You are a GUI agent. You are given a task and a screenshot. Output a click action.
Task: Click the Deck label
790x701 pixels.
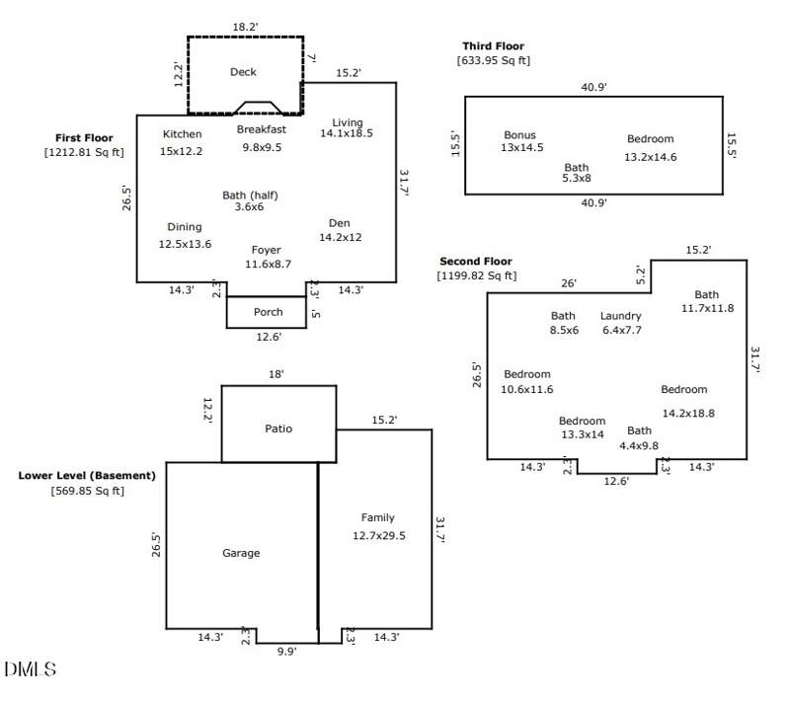tap(243, 72)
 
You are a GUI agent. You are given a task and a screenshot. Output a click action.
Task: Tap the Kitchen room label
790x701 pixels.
tap(182, 134)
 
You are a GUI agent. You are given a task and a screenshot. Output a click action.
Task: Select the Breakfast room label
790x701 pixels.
tap(262, 129)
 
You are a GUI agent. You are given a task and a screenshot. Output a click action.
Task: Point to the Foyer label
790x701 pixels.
tap(266, 250)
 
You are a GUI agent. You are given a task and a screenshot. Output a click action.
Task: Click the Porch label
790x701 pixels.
tap(268, 312)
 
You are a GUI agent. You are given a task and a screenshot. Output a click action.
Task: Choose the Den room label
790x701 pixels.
tap(341, 223)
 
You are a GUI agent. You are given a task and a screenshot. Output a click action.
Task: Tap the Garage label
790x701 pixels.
tap(241, 554)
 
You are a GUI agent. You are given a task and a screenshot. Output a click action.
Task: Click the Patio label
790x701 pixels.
tap(278, 428)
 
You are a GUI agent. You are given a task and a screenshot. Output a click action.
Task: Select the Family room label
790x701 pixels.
tap(377, 517)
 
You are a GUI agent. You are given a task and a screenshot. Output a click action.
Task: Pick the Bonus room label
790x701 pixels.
tap(519, 135)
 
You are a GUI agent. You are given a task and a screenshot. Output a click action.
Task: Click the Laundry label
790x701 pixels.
tap(620, 316)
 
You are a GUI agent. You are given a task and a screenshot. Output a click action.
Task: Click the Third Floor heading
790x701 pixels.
tap(493, 45)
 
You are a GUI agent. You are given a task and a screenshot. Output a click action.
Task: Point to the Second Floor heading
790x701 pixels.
tap(476, 261)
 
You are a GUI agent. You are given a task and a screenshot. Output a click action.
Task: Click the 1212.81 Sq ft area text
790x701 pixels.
tap(84, 153)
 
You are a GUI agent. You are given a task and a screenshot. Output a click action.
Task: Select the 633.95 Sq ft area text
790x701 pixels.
tap(493, 61)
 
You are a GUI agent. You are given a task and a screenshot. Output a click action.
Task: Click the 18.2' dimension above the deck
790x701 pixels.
tap(245, 27)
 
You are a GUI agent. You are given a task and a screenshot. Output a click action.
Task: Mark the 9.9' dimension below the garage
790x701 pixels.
tap(284, 651)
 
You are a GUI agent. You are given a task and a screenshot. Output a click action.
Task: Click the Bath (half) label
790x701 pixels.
tap(250, 195)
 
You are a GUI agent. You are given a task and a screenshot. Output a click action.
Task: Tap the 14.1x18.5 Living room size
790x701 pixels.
tap(346, 133)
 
